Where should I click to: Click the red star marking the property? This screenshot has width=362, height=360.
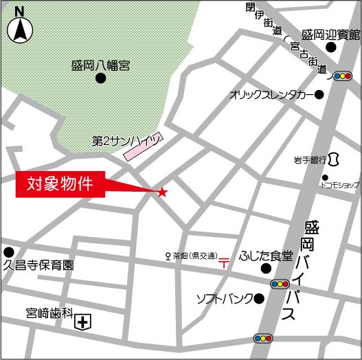[162, 192]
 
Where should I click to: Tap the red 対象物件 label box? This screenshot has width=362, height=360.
[60, 184]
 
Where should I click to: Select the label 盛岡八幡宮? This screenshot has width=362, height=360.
[100, 66]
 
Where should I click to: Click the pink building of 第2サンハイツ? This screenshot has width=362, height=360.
[142, 146]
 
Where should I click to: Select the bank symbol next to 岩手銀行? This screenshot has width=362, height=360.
[335, 159]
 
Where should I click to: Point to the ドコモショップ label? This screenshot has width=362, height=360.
[340, 185]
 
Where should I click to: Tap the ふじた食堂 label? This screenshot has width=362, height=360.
[266, 256]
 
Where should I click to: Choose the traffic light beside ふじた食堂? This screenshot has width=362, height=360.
[280, 283]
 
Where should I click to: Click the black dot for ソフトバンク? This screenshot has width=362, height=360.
[259, 298]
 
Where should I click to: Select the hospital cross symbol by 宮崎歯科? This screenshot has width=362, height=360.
[83, 322]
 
